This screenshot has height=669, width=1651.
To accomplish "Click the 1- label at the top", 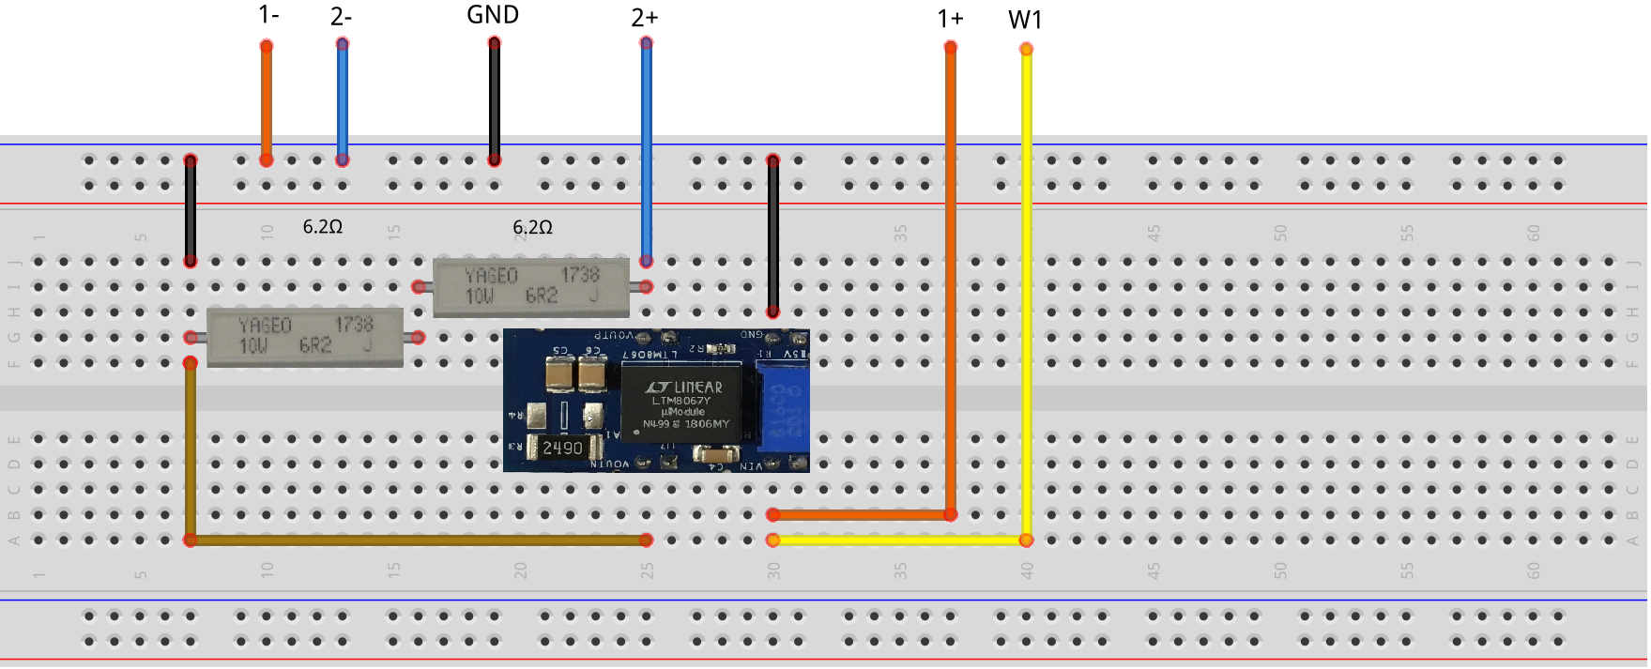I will [x=268, y=15].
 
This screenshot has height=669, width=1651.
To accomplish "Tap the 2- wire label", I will [x=342, y=17].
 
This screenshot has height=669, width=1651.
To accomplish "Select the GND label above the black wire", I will [x=493, y=15].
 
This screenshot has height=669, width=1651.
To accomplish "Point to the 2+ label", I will [x=645, y=18].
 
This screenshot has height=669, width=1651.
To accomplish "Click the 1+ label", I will [x=950, y=19].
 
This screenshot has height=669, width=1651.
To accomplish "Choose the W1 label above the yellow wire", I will [x=1025, y=20].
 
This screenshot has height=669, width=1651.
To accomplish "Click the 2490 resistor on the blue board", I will [x=563, y=448].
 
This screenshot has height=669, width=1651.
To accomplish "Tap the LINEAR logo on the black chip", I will [x=684, y=387].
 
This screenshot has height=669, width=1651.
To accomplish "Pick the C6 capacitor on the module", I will [x=592, y=374].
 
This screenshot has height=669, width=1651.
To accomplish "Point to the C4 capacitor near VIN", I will [x=716, y=455].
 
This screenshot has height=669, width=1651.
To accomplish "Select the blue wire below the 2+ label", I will [x=646, y=150].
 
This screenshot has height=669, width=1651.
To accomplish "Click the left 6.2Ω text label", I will [x=322, y=227].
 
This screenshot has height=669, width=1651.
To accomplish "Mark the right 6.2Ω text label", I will [x=532, y=228].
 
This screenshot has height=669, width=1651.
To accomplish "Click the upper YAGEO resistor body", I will [x=531, y=287].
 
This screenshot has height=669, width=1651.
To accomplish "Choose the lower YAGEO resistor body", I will [x=305, y=337].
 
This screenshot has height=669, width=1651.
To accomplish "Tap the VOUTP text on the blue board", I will [x=614, y=335].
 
